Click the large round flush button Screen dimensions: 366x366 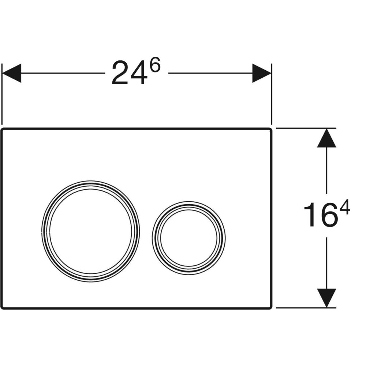(90, 231)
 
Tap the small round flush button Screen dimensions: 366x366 (189, 237)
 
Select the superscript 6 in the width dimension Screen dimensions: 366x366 (155, 67)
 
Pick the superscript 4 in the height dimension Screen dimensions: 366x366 (344, 209)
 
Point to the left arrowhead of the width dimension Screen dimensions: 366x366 (11, 73)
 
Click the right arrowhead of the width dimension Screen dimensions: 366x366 (261, 73)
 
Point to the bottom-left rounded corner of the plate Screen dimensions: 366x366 (3, 307)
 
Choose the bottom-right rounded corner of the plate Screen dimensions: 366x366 (270, 307)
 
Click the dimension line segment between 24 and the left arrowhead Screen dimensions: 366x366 (62, 73)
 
